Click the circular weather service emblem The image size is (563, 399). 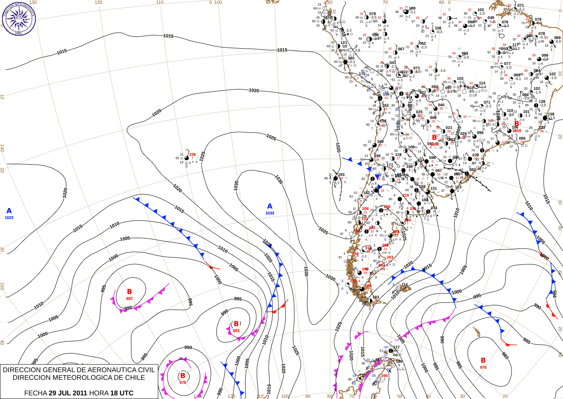[19, 19]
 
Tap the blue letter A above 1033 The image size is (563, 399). [270, 206]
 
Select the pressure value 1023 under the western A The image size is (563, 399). [9, 218]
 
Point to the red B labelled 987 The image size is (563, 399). [129, 292]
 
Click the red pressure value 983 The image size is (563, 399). [236, 331]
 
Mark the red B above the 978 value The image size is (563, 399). [183, 376]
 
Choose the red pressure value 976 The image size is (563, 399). [483, 367]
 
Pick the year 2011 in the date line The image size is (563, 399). [80, 393]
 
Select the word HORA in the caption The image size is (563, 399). [99, 393]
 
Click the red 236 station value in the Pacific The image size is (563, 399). [192, 154]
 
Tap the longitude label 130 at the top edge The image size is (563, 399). [33, 2]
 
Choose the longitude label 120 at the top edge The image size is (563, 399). [98, 2]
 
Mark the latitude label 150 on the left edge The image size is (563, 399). [2, 286]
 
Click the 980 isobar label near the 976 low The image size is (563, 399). [505, 356]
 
